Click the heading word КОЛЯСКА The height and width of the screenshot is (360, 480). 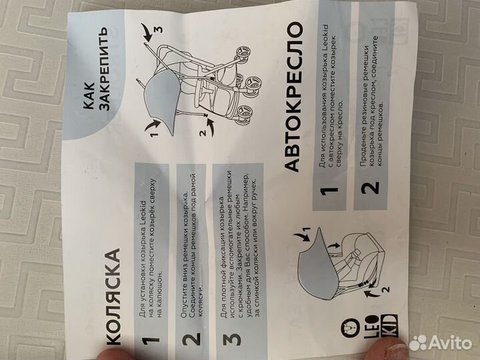[x=113, y=296]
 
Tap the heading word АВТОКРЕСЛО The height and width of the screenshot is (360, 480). [x=293, y=97]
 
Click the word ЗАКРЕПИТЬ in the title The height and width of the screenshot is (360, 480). [x=105, y=69]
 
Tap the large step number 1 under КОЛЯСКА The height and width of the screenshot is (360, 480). [x=151, y=340]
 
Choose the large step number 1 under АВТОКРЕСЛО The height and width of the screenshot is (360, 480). [x=329, y=191]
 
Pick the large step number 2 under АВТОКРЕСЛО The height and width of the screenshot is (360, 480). [x=370, y=187]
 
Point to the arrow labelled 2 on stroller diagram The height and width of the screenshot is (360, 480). [x=210, y=127]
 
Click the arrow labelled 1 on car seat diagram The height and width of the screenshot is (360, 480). [x=302, y=236]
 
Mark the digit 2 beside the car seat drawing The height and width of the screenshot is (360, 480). [x=386, y=289]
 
